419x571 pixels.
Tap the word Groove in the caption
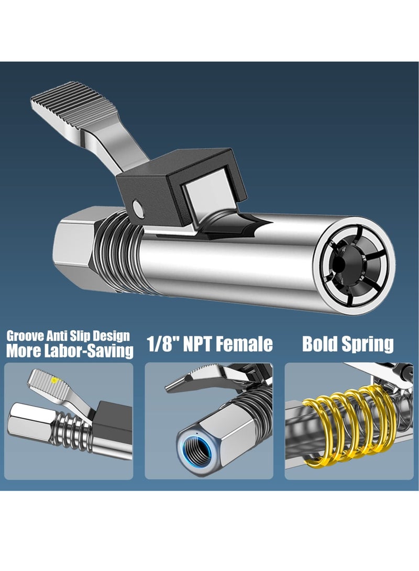(24, 335)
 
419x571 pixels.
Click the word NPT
(201, 344)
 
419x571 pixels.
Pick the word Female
(248, 344)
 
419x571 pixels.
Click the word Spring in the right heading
(369, 344)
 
